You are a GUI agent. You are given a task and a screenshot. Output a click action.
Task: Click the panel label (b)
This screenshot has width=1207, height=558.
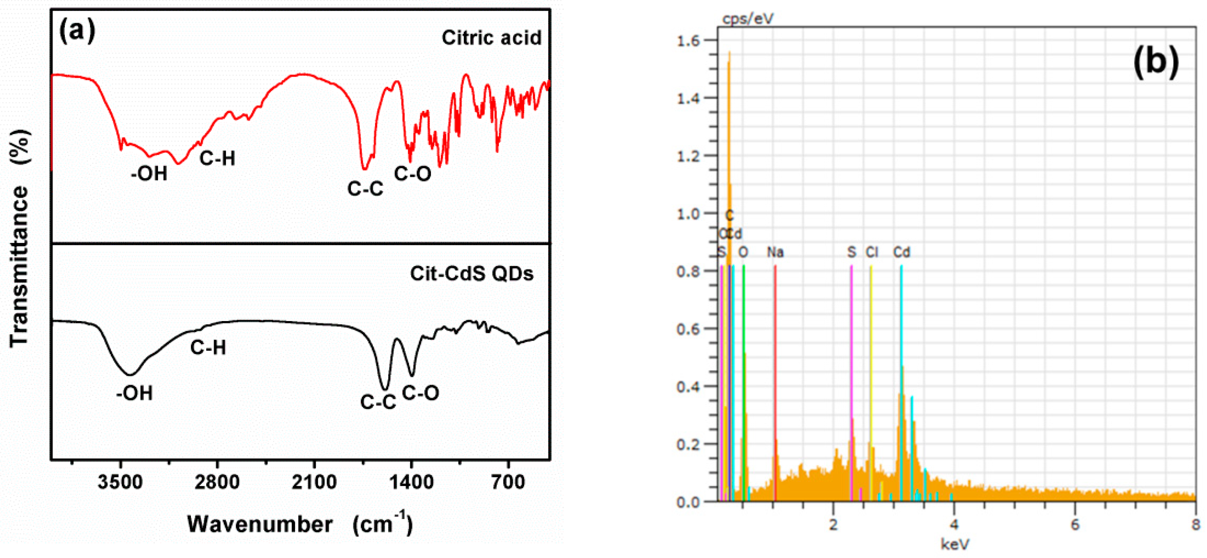1156,61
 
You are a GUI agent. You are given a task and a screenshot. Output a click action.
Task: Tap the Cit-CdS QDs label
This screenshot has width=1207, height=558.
471,273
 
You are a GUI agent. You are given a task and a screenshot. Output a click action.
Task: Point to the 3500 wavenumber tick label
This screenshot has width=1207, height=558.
120,482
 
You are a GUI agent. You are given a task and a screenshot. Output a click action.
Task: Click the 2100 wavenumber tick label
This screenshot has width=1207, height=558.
314,482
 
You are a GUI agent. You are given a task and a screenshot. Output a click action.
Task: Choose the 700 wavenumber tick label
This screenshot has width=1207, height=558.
508,482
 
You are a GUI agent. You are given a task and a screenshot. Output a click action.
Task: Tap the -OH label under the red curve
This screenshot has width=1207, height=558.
149,174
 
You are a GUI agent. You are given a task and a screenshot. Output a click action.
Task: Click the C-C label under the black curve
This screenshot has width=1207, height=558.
378,402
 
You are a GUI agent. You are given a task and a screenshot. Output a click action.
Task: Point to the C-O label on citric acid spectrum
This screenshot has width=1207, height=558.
412,174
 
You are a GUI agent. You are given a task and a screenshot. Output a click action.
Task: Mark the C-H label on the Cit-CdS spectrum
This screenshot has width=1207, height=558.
208,348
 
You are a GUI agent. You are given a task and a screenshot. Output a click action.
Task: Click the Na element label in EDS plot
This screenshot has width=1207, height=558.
775,253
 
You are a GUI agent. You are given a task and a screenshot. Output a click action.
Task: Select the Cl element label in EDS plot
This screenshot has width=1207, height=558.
871,253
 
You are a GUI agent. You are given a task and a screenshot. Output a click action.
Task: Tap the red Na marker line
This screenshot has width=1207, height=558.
775,375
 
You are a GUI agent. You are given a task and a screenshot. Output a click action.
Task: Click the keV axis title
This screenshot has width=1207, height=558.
954,544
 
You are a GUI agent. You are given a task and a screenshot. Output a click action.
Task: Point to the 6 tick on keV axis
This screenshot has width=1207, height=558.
1075,525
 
